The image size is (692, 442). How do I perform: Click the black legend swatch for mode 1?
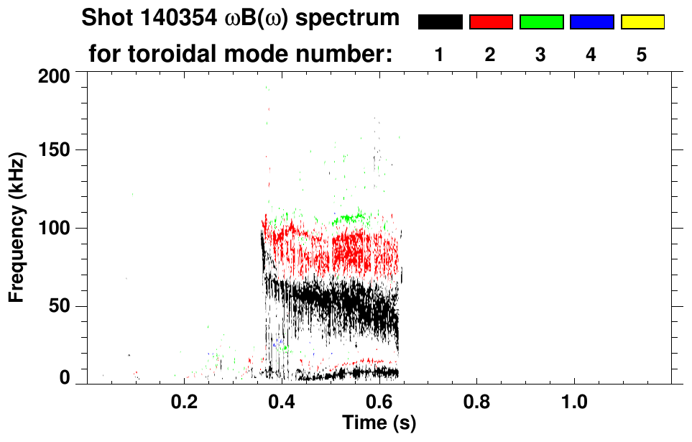pyautogui.click(x=440, y=22)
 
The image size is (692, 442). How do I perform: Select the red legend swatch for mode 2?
pyautogui.click(x=491, y=22)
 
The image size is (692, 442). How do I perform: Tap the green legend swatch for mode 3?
pyautogui.click(x=541, y=22)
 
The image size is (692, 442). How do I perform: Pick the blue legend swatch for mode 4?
pyautogui.click(x=591, y=22)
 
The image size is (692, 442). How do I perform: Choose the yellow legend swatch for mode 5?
pyautogui.click(x=642, y=22)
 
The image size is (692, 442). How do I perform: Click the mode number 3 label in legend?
pyautogui.click(x=541, y=55)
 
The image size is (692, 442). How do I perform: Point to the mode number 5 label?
pyautogui.click(x=642, y=55)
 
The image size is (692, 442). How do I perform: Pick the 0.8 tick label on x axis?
pyautogui.click(x=476, y=401)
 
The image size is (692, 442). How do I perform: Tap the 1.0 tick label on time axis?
pyautogui.click(x=574, y=401)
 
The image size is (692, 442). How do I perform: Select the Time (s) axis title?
pyautogui.click(x=379, y=423)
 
